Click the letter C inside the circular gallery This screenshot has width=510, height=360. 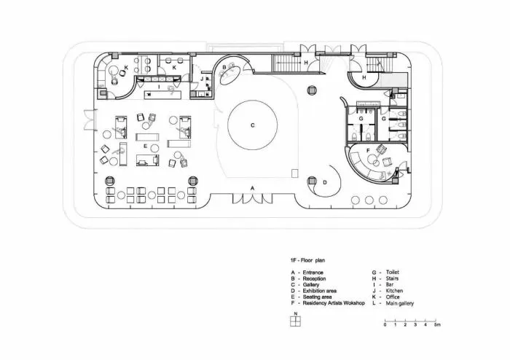[x=253, y=125]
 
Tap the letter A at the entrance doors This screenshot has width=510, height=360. [x=252, y=188]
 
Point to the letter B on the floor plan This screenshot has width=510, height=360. [x=224, y=67]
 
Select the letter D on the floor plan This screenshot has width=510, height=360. [x=325, y=182]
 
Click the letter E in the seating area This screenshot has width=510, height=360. [x=146, y=146]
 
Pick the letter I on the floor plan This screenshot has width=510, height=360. [x=157, y=86]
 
